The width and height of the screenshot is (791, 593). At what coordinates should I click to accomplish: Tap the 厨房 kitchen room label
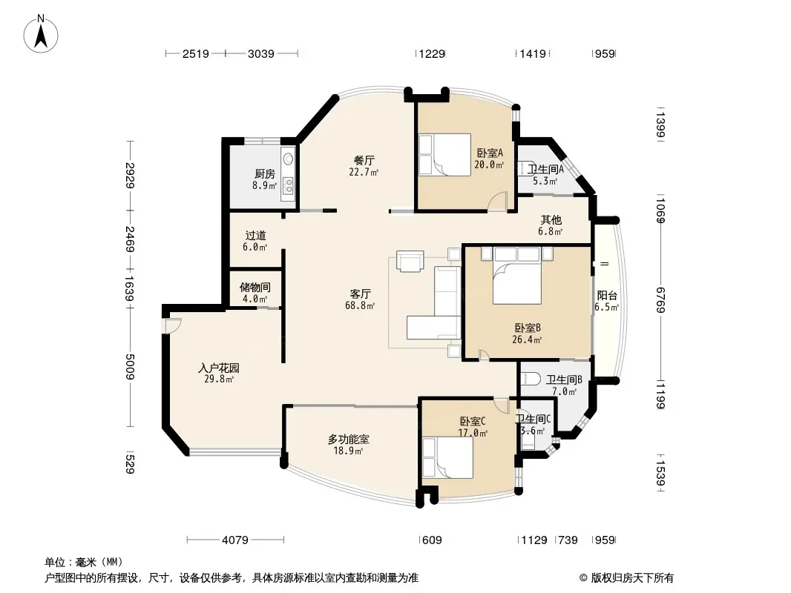[265, 174]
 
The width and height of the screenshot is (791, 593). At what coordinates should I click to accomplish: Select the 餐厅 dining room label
[363, 159]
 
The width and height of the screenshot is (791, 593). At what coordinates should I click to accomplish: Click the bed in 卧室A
[444, 153]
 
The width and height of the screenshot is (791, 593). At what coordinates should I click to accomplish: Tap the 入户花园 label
[218, 368]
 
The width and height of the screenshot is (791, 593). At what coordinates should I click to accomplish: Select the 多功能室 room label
[348, 439]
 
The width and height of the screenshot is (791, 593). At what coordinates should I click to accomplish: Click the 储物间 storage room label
[255, 287]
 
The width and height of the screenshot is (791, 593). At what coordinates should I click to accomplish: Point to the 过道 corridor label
[255, 235]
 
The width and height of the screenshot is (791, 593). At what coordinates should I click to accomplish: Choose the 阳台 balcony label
[607, 295]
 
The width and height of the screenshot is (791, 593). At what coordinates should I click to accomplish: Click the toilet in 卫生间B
[531, 379]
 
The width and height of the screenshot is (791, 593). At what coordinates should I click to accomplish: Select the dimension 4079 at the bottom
[235, 540]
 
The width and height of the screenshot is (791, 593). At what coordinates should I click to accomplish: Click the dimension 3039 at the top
[261, 53]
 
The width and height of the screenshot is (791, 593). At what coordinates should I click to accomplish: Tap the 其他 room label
[551, 219]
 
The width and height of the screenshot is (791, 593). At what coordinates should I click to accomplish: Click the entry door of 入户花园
[171, 324]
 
